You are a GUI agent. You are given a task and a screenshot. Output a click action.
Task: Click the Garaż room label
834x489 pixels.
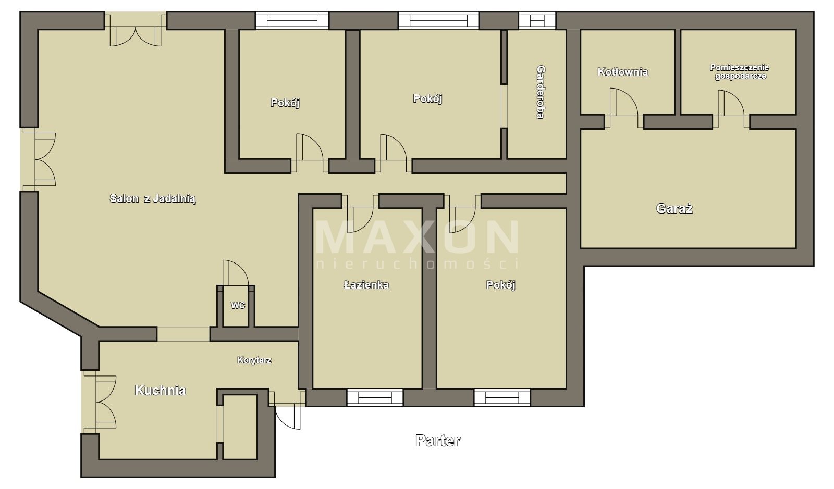pyautogui.click(x=674, y=208)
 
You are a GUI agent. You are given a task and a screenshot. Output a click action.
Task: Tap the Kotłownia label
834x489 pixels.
pyautogui.click(x=623, y=72)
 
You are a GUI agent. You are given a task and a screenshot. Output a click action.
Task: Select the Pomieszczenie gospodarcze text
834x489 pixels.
pyautogui.click(x=740, y=72)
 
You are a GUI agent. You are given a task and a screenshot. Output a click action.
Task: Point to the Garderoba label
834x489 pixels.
pyautogui.click(x=540, y=92)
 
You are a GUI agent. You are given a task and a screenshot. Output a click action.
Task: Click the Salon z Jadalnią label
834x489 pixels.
pyautogui.click(x=153, y=198)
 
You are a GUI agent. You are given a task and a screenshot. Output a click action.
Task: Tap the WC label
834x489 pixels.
pyautogui.click(x=238, y=305)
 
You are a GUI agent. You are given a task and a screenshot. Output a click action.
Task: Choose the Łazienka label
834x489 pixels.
pyautogui.click(x=366, y=285)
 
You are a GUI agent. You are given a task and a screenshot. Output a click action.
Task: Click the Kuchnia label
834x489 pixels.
pyautogui.click(x=160, y=390)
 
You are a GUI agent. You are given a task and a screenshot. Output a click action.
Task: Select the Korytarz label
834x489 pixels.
pyautogui.click(x=254, y=360)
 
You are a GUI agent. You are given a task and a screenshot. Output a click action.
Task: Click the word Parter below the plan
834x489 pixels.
pyautogui.click(x=438, y=441)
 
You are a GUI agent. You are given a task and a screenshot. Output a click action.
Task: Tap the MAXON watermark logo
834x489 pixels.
pyautogui.click(x=417, y=244)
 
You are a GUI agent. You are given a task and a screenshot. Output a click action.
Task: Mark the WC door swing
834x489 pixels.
pyautogui.click(x=236, y=272)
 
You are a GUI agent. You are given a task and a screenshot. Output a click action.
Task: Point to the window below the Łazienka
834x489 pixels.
pyautogui.click(x=375, y=397)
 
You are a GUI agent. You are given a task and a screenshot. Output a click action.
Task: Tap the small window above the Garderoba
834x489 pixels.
pyautogui.click(x=537, y=20)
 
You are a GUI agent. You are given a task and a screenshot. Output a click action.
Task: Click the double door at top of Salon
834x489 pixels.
pyautogui.click(x=135, y=30)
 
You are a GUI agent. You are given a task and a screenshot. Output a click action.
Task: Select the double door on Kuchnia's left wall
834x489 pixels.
pyautogui.click(x=100, y=402)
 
